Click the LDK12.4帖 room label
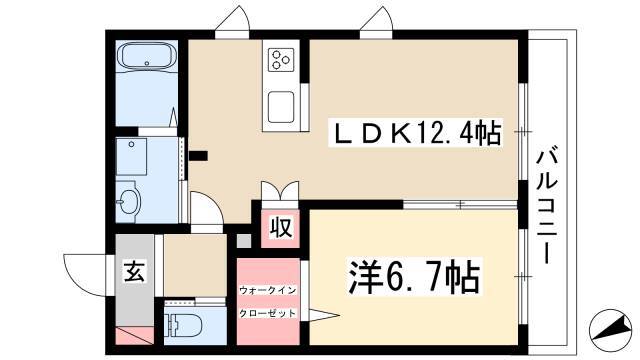point(416,133)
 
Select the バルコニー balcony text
point(546,207)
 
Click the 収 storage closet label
point(281,227)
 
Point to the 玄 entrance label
point(134,271)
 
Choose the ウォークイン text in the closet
point(267,290)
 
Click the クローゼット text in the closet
point(267,313)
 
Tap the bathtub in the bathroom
point(147,57)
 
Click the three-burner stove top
point(281,59)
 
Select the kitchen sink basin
point(281,107)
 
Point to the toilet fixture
point(183,325)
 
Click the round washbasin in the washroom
point(128,201)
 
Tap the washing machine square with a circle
point(131,157)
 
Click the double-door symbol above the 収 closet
point(280,191)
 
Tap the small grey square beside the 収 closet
point(244,241)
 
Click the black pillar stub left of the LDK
point(198,156)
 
